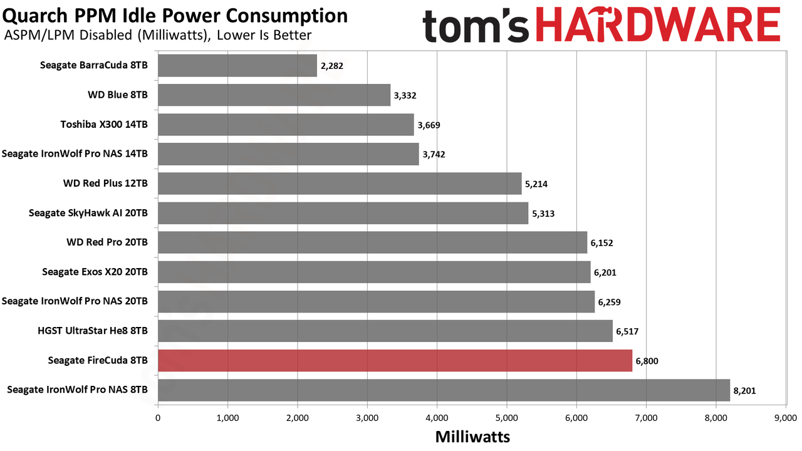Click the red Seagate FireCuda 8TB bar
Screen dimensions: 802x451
point(395,360)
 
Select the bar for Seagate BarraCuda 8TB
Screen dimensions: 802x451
point(237,66)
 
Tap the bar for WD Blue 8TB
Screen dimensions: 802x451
point(274,95)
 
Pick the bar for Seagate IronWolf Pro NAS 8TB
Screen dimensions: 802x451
point(444,390)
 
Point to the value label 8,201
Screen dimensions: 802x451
point(745,390)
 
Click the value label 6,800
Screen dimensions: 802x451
point(647,361)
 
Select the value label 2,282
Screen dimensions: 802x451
point(332,66)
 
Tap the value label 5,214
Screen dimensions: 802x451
point(536,184)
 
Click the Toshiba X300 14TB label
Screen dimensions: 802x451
point(104,124)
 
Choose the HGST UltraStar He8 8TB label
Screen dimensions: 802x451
point(93,330)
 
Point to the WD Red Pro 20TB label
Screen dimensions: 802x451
point(107,242)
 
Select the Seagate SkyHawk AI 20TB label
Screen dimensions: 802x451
point(88,213)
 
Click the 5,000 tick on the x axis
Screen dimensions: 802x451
point(507,418)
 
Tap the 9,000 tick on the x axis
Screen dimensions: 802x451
point(786,418)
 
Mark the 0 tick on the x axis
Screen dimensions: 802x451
point(158,418)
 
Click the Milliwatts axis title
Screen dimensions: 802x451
point(472,437)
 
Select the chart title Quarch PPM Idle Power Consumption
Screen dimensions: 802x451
point(175,16)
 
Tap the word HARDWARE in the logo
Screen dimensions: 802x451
point(658,25)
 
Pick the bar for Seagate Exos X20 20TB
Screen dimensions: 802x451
point(374,272)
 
